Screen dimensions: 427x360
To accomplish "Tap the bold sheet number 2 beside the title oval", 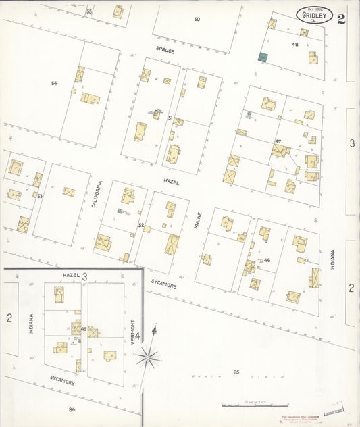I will coord(342,18).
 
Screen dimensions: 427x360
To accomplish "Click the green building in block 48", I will coord(263,58).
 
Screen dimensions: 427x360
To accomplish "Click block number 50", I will coord(197,19).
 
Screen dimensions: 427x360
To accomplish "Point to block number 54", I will coord(53,83).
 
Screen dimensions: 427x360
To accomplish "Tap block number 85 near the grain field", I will coord(236,372).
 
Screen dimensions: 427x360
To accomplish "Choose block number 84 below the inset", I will coord(72,409).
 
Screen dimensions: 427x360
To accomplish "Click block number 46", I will coord(267,260).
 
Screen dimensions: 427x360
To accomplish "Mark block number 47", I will coord(278,141).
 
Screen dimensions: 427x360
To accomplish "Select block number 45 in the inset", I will coord(83,329).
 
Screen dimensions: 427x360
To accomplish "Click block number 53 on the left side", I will coord(40,196).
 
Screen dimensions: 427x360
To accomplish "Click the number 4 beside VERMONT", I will coord(137,336).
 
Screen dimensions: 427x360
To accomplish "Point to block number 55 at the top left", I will coord(89,12).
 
